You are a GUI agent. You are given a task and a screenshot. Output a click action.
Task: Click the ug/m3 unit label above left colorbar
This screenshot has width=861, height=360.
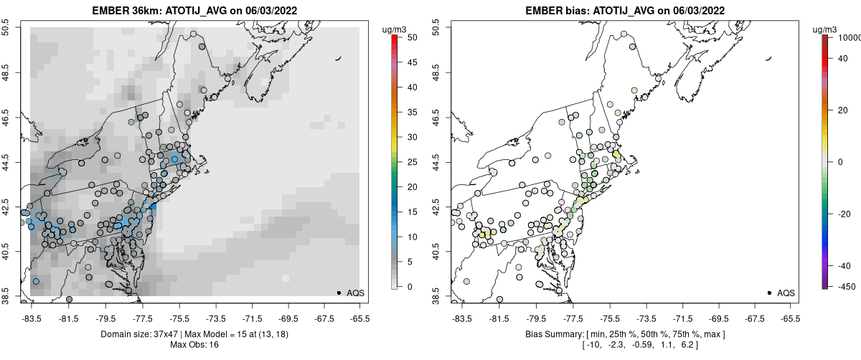click(395, 29)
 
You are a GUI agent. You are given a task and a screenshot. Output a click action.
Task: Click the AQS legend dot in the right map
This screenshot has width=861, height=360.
click(769, 293)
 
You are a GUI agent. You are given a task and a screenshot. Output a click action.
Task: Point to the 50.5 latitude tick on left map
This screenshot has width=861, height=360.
click(12, 28)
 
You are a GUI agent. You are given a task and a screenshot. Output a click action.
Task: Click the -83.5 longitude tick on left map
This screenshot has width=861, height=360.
click(32, 318)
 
